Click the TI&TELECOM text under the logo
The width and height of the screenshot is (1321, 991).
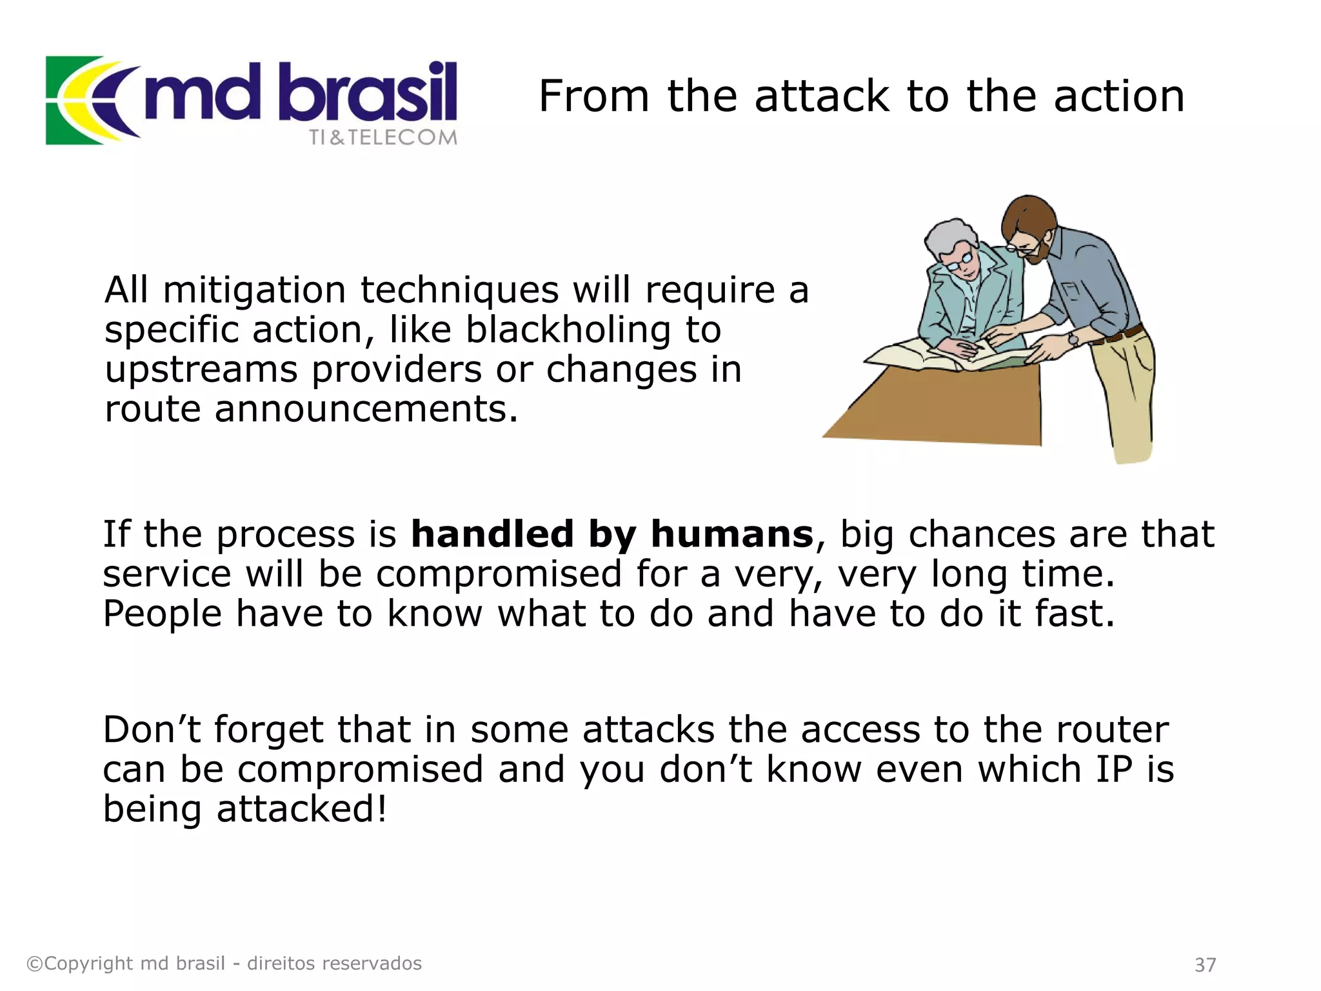point(383,137)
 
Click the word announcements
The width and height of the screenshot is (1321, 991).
point(366,410)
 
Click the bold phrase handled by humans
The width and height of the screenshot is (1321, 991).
point(612,534)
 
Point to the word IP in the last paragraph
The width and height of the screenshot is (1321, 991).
point(1114,770)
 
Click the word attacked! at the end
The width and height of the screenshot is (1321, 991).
point(302,809)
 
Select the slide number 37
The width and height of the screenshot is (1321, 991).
point(1205,965)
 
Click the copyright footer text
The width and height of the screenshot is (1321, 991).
point(224,963)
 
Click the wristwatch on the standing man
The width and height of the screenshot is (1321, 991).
point(1073,339)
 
